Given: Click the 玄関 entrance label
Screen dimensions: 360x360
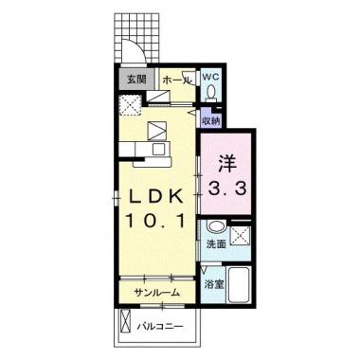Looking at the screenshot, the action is tap(136, 80).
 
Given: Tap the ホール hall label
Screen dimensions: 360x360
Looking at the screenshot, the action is tap(177, 81).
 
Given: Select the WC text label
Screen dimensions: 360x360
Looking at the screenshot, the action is tap(210, 77).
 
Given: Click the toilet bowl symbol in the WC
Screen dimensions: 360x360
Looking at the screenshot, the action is tap(210, 93).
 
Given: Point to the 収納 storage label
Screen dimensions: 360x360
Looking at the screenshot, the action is tap(210, 121).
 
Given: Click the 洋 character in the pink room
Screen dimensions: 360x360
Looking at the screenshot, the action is tap(226, 164).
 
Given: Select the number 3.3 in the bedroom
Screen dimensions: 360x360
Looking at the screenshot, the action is tap(226, 189).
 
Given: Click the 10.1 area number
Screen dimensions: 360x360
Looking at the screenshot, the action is tap(155, 221).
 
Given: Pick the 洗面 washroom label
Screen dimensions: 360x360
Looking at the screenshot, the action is tap(216, 244).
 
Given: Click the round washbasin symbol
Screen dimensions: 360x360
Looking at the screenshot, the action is tap(216, 226).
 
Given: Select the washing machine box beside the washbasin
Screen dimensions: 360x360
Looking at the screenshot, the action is tap(241, 236).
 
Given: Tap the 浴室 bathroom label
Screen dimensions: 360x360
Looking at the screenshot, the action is tap(214, 285).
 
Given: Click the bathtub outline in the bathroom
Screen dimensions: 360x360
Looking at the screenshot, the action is tap(239, 285).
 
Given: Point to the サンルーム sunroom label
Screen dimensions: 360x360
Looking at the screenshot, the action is tap(157, 293).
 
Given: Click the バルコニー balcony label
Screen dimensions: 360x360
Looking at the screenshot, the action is tap(160, 326).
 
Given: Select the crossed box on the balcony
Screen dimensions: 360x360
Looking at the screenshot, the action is tap(125, 321).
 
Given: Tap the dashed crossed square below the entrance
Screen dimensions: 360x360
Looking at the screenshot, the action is tap(130, 105).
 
